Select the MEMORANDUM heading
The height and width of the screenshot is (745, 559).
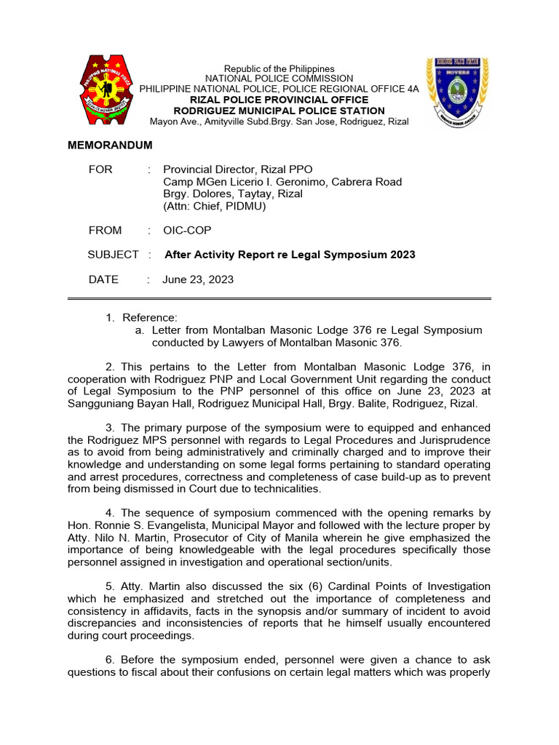110,146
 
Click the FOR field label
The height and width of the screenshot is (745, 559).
100,170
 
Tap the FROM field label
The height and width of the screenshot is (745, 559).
106,231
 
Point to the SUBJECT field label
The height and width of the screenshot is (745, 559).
113,255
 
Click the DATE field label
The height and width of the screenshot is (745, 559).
103,279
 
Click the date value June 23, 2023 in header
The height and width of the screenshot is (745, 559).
199,279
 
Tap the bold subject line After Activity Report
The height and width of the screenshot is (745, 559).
290,255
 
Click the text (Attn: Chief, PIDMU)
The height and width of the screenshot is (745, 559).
215,207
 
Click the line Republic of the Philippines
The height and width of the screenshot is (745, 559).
279,68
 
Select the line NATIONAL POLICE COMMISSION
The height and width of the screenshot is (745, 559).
279,79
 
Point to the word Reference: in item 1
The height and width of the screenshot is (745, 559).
149,318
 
